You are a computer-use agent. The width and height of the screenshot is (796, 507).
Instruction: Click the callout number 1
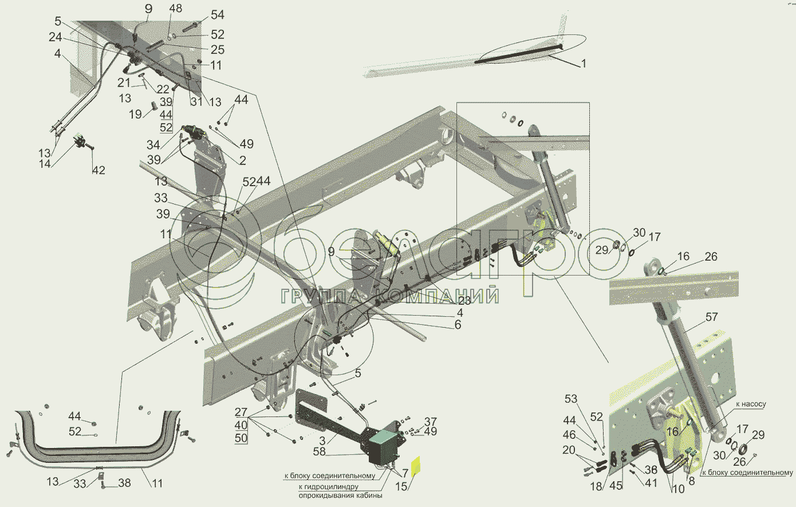(x=584, y=64)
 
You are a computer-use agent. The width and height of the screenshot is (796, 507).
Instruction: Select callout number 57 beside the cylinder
(x=711, y=317)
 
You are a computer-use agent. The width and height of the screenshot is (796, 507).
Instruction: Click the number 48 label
(x=176, y=9)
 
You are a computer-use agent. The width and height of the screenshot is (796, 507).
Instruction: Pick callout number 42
(x=98, y=170)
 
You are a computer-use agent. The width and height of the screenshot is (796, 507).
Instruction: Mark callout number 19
(x=135, y=114)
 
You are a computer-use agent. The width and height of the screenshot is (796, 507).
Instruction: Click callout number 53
(x=571, y=399)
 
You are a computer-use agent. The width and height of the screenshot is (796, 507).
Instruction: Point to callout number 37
(x=431, y=422)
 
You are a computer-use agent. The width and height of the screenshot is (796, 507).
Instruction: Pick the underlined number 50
(x=241, y=438)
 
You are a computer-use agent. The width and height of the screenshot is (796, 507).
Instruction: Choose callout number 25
(x=218, y=50)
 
